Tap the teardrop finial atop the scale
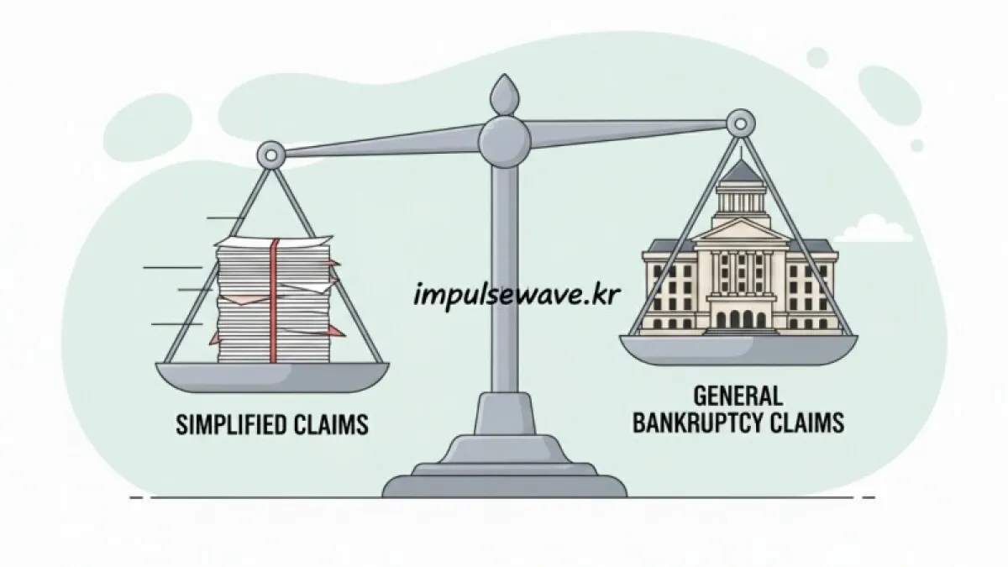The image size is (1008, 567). pyautogui.click(x=504, y=94)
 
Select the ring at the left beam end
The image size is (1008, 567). pyautogui.click(x=270, y=155)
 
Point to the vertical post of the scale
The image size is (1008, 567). pyautogui.click(x=504, y=277)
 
